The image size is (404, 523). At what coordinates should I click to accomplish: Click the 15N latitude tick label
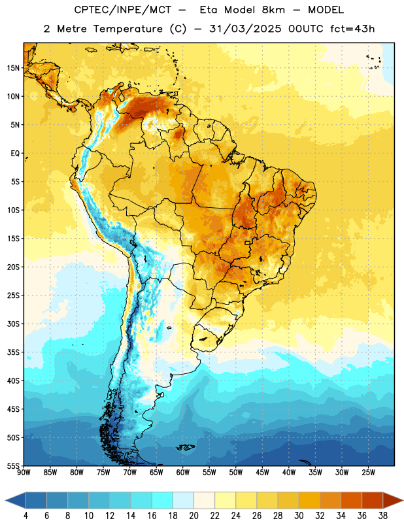click(13, 68)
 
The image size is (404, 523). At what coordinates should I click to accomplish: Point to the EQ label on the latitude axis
click(15, 154)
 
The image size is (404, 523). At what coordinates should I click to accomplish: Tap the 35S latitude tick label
click(13, 352)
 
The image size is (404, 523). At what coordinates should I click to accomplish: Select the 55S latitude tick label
click(13, 465)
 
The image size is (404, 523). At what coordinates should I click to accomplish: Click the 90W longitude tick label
click(24, 473)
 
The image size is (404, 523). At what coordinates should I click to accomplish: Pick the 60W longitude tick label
click(183, 473)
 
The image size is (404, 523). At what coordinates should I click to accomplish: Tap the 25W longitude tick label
click(368, 473)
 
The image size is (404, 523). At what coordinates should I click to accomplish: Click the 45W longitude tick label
click(262, 473)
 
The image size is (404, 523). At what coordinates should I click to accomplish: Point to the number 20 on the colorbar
click(194, 516)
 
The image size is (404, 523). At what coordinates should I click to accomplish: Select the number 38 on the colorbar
click(383, 516)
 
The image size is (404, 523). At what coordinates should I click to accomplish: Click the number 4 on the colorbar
click(25, 516)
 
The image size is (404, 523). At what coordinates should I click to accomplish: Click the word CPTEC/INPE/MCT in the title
click(123, 10)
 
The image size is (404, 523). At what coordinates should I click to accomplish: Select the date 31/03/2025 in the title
click(245, 29)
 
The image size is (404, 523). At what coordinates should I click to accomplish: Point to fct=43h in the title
click(352, 29)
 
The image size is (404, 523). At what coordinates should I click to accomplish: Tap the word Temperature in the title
click(127, 29)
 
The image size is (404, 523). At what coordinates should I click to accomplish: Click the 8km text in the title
click(273, 10)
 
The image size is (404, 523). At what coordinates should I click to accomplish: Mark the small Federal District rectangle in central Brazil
click(248, 243)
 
